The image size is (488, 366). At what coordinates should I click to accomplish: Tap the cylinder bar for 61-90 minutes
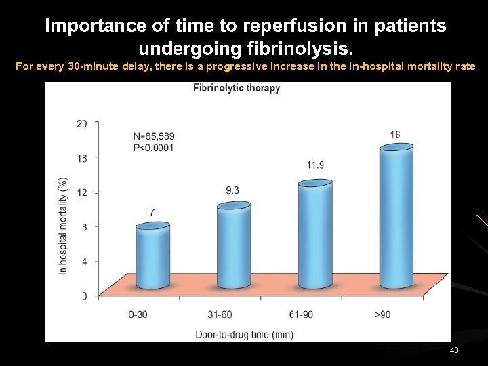coord(315,234)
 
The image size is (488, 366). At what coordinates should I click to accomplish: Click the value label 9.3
coord(232,190)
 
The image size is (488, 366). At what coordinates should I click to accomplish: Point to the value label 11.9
coord(315,165)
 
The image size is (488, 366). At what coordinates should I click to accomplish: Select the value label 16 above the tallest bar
coord(395,134)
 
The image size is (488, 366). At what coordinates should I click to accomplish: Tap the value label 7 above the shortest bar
coord(152,213)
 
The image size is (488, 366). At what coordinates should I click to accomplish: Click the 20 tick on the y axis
coord(82,123)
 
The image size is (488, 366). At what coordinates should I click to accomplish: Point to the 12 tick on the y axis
coord(82,192)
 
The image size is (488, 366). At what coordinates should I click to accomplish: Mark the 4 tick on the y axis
coord(84,262)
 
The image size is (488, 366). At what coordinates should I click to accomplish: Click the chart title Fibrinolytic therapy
coord(237,88)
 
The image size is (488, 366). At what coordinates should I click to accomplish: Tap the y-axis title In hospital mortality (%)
coord(63,225)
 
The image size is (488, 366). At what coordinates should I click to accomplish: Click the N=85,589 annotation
coord(153,136)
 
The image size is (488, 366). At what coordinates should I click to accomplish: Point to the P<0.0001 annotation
coord(153,148)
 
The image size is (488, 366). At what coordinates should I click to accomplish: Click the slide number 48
coord(454,350)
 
